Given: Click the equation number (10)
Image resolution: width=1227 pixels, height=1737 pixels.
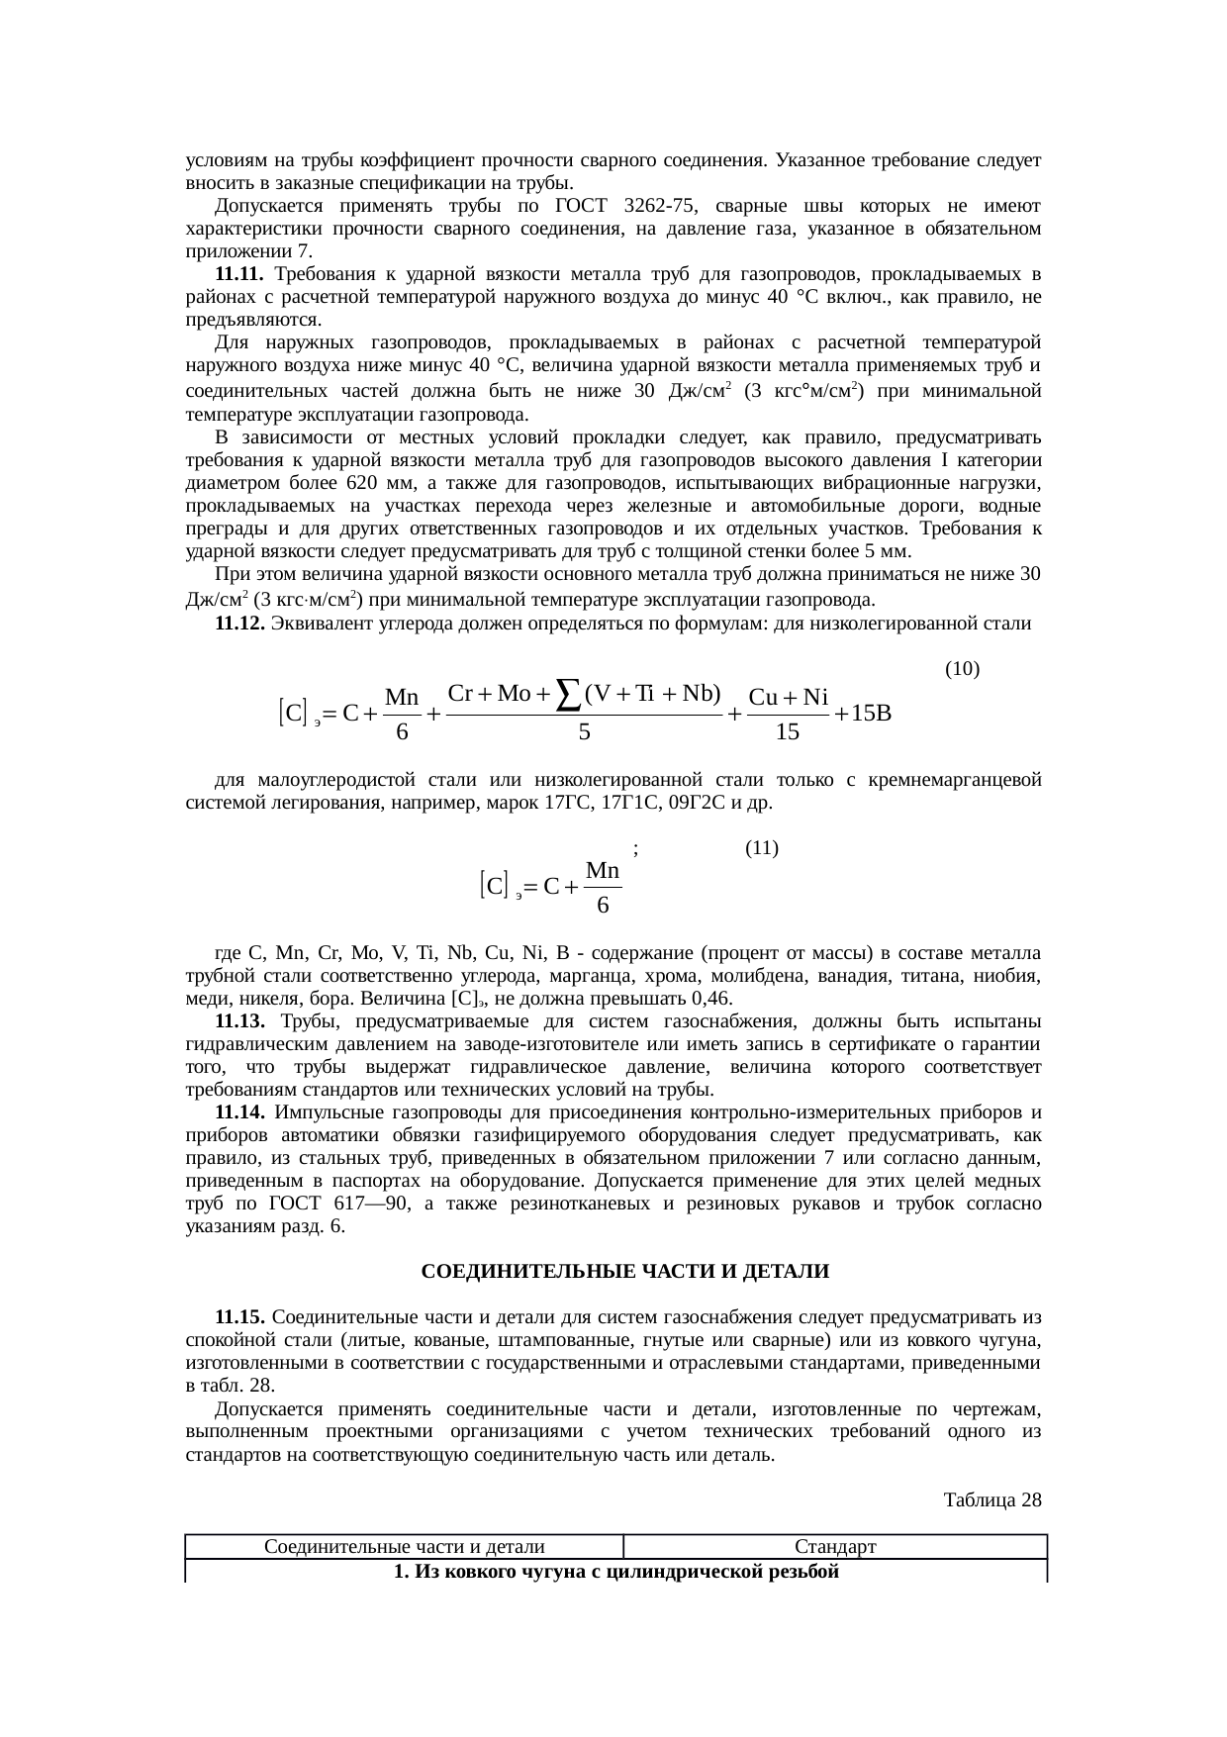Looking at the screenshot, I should [x=962, y=669].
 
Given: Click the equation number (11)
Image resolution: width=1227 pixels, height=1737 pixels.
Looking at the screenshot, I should [x=761, y=848].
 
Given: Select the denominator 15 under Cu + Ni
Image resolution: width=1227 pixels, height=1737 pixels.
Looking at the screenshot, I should [x=788, y=733].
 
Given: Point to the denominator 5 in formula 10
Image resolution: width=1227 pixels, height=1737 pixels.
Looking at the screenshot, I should [x=584, y=733].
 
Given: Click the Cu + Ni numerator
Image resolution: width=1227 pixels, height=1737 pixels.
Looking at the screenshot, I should [x=788, y=697].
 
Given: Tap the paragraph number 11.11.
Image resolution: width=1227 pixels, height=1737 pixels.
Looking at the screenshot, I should [x=237, y=273].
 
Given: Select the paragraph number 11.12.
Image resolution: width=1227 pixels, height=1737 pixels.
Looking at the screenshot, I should [x=238, y=624].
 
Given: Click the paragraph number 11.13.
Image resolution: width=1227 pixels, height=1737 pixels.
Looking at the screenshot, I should [x=238, y=1021].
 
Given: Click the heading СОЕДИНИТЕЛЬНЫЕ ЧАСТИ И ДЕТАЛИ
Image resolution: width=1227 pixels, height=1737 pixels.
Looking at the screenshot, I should [x=624, y=1271].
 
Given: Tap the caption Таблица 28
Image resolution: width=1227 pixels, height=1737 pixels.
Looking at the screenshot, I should [x=992, y=1500].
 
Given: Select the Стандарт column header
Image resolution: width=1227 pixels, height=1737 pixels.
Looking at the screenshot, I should [x=835, y=1547].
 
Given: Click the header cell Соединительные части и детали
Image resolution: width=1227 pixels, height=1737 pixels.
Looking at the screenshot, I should [x=404, y=1547].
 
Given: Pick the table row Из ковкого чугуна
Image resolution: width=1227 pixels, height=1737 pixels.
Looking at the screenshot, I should [x=615, y=1572].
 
